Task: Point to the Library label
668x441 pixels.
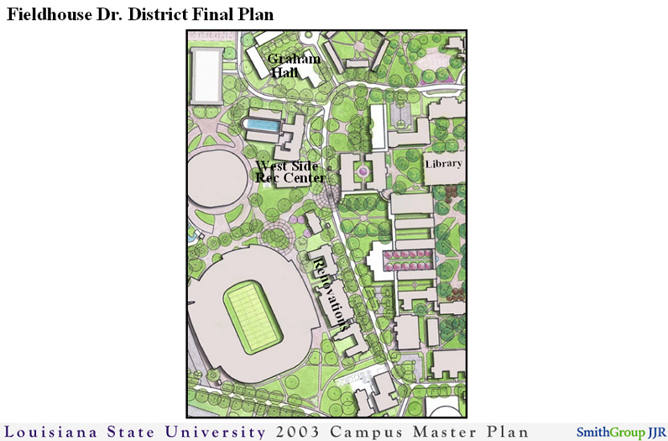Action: click(x=443, y=163)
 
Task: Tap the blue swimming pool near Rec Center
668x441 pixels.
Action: click(x=262, y=125)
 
